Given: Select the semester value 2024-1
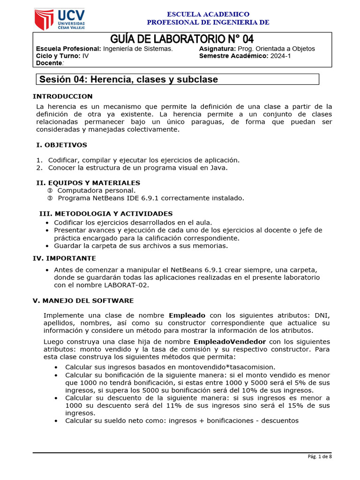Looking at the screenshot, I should click(x=281, y=56).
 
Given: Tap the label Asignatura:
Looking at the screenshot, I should click(x=217, y=49).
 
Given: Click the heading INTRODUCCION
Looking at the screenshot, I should click(x=62, y=96).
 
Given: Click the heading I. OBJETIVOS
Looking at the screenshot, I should click(x=61, y=145).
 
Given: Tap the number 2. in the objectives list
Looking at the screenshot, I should click(x=39, y=167).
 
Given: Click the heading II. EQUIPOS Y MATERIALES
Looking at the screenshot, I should click(x=88, y=183).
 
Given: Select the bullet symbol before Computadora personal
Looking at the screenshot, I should click(x=50, y=190).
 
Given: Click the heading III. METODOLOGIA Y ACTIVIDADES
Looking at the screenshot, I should click(x=105, y=213).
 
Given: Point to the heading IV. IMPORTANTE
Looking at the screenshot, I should click(x=64, y=258).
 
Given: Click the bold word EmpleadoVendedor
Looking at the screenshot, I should click(x=230, y=341).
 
